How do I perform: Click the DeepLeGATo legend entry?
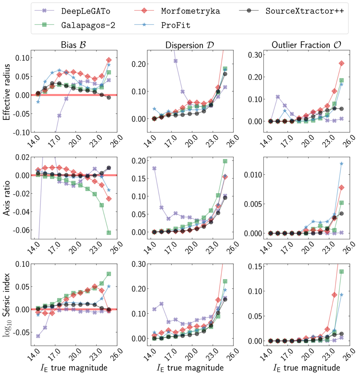85,11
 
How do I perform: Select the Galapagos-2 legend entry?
88,25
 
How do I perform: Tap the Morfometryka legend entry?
190,11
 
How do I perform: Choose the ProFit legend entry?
175,25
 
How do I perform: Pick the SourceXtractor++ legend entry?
304,11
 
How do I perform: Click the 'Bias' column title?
74,45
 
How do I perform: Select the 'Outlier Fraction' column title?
306,45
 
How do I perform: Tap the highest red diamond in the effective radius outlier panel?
341,63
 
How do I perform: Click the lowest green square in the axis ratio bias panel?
109,232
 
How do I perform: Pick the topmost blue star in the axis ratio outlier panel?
341,164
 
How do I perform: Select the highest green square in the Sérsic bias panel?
109,274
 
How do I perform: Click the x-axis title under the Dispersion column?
190,368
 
